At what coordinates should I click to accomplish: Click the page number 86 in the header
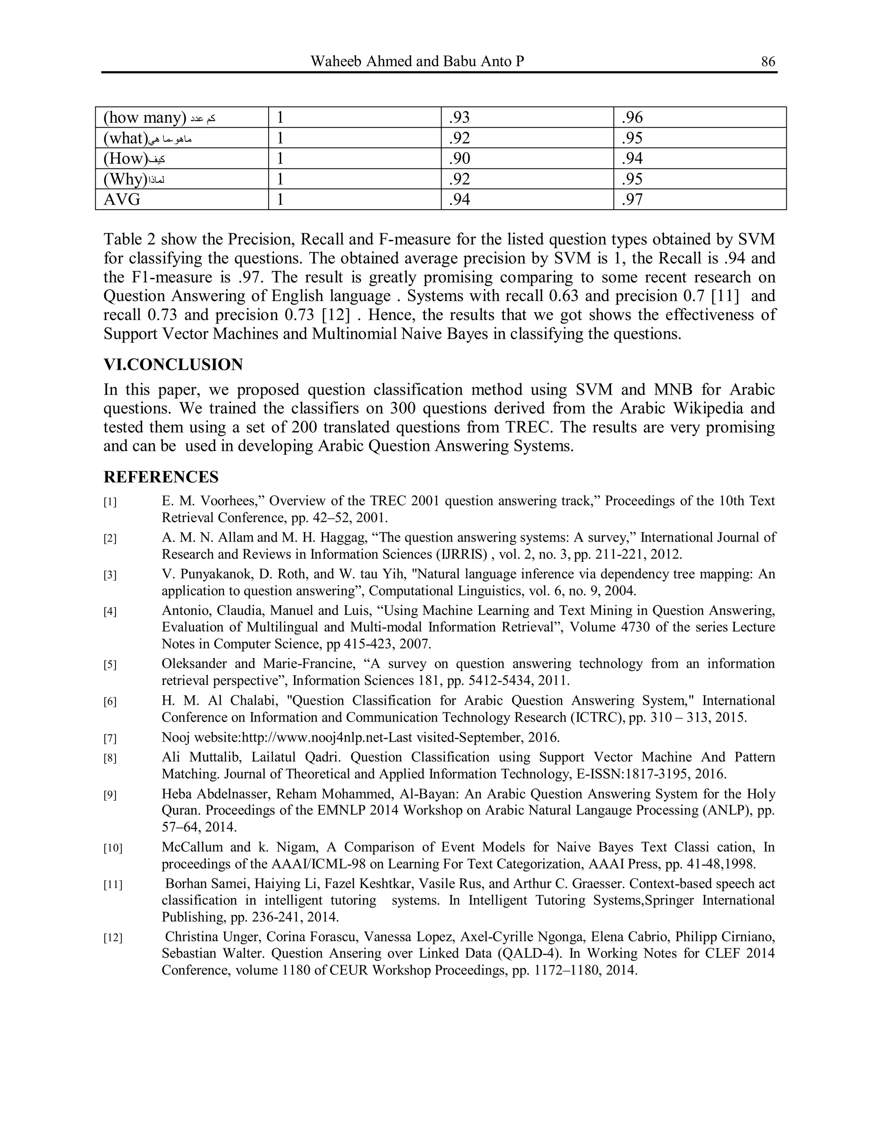(767, 61)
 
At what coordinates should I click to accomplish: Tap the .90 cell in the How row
(459, 158)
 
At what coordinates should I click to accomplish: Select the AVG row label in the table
(122, 200)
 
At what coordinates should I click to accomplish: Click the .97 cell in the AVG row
(632, 200)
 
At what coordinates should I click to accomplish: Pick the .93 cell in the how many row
(459, 117)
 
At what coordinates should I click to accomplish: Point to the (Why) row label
(125, 179)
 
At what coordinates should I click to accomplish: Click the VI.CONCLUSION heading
(173, 364)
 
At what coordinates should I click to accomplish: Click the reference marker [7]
(110, 738)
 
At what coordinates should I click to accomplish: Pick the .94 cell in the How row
(632, 158)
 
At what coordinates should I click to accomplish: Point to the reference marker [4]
(110, 611)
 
